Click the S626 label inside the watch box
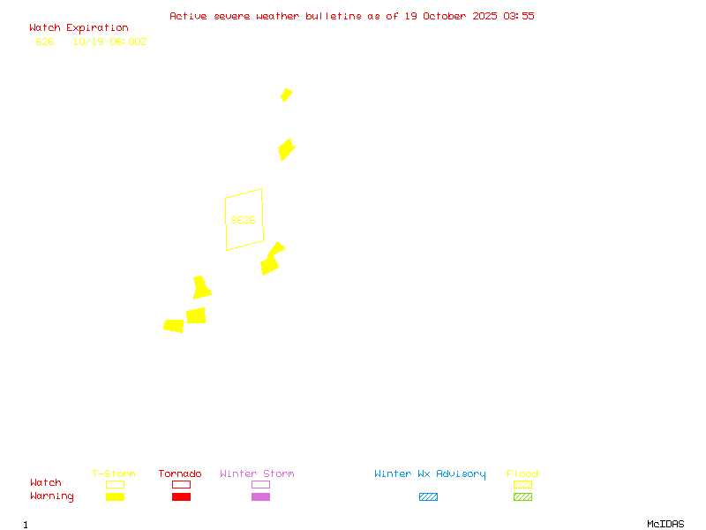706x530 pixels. click(x=243, y=220)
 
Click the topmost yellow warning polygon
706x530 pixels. click(x=286, y=95)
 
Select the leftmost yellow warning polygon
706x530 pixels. click(x=174, y=326)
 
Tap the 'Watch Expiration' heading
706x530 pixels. click(x=79, y=28)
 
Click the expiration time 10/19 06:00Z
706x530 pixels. click(x=109, y=42)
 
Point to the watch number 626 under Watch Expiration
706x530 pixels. click(x=45, y=42)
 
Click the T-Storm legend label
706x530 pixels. click(x=114, y=473)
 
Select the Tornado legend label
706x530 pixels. click(x=180, y=473)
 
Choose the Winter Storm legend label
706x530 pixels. click(x=257, y=473)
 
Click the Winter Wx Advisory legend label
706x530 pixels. click(x=430, y=473)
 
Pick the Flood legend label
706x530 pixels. click(x=522, y=473)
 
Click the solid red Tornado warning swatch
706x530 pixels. click(x=181, y=497)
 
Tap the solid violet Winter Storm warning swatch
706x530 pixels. click(x=260, y=497)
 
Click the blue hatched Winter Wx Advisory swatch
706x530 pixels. click(x=428, y=497)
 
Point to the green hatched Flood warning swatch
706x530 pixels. click(x=522, y=497)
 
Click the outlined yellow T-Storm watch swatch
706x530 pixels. click(x=115, y=484)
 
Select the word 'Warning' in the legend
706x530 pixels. click(x=52, y=496)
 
